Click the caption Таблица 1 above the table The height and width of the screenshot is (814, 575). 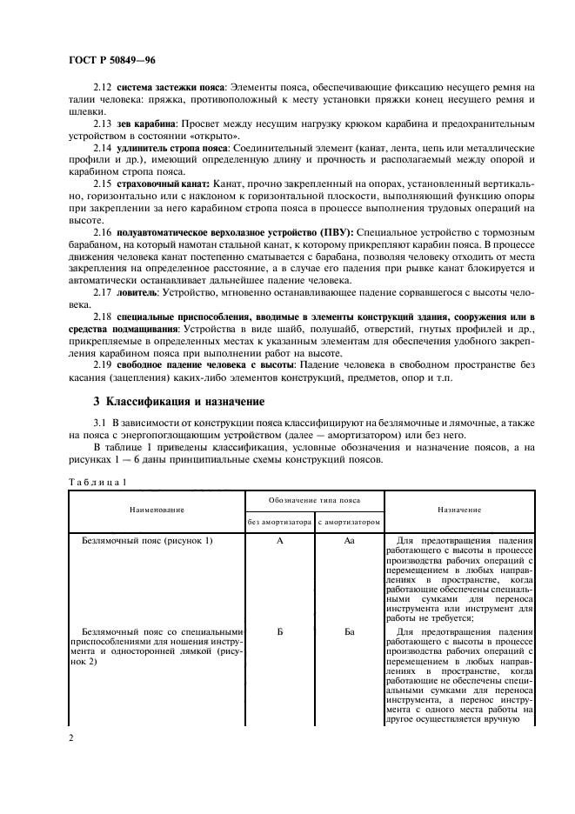[x=97, y=481]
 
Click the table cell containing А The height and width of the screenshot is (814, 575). [x=279, y=540]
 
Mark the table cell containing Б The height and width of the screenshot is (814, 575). [x=279, y=631]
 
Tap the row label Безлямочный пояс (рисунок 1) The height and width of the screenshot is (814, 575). [x=147, y=540]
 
